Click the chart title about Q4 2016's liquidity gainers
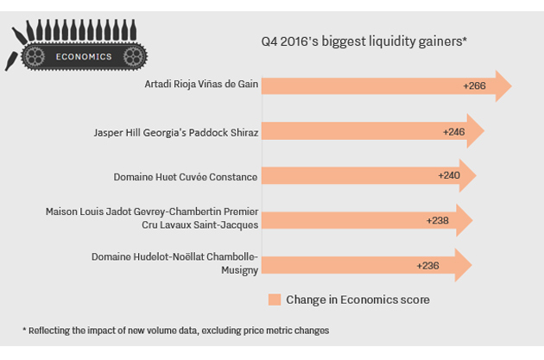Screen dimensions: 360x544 [364, 41]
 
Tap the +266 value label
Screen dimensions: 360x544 [475, 86]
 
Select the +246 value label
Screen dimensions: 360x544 [454, 132]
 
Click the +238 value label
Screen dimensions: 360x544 [439, 220]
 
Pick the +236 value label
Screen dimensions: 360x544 [428, 265]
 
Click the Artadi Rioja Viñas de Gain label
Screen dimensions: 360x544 [201, 86]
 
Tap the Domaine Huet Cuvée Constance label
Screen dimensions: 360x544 [186, 177]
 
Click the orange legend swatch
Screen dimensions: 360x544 [275, 300]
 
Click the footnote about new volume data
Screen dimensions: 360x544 [175, 330]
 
